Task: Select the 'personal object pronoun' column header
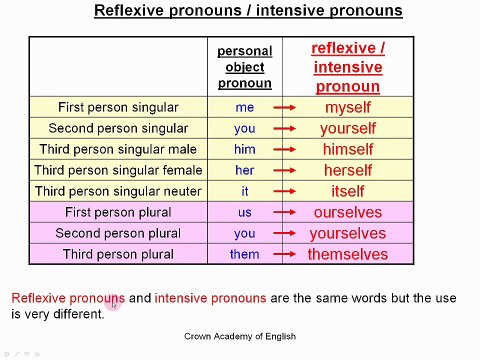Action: [x=244, y=67]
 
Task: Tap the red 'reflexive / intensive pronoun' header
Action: [x=347, y=67]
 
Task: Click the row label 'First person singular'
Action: [x=118, y=107]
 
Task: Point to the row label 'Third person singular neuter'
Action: [x=118, y=191]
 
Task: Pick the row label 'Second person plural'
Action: [x=118, y=233]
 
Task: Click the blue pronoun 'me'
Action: [x=245, y=107]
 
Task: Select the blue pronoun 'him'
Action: [x=245, y=149]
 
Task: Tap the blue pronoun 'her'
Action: [x=245, y=170]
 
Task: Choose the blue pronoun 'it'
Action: [x=245, y=191]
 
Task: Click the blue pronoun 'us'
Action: [x=245, y=212]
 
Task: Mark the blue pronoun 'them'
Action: [x=245, y=254]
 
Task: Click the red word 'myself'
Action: [x=347, y=107]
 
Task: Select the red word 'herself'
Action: [x=347, y=170]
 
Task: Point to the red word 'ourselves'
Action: [x=347, y=212]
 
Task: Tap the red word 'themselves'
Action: [x=347, y=254]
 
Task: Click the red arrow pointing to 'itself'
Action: [x=286, y=191]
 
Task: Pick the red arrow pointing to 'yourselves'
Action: [x=286, y=233]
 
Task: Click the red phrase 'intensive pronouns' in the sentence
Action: [x=210, y=298]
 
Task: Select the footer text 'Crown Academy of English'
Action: [x=240, y=337]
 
